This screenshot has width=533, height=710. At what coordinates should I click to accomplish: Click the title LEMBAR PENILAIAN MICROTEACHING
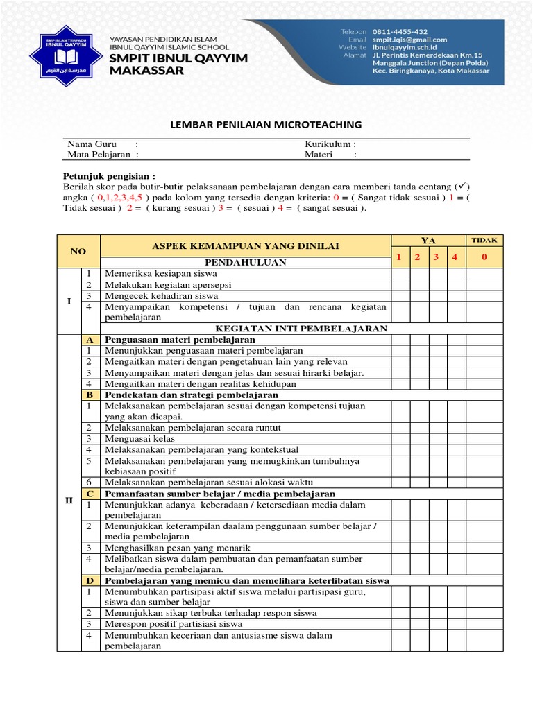266,125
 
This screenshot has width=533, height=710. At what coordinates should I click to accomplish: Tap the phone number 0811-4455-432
400,31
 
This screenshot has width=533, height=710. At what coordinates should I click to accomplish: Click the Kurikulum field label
330,144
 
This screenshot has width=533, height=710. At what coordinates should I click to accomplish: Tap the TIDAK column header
484,240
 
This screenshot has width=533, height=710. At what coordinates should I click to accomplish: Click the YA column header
428,241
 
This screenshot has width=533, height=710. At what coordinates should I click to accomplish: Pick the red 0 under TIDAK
484,257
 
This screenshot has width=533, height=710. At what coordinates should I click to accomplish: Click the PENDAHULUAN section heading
245,263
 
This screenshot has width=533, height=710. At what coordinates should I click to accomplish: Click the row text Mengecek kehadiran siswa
161,296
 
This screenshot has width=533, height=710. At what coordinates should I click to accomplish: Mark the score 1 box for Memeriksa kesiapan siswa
400,274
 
